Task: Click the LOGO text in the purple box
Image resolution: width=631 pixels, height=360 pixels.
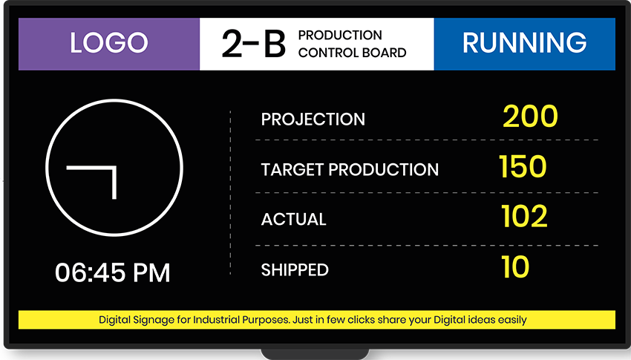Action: (x=109, y=43)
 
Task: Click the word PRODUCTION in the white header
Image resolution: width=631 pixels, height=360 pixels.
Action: (x=340, y=35)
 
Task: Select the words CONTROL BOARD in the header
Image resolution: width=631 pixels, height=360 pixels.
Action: (x=352, y=53)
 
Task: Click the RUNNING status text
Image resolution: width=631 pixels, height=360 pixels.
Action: (x=524, y=43)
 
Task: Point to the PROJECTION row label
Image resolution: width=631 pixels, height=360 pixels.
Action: (x=313, y=120)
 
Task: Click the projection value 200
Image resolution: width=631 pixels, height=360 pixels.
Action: (x=530, y=117)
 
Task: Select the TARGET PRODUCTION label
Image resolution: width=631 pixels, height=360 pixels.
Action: (x=350, y=170)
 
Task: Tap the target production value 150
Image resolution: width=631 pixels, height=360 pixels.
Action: (x=523, y=167)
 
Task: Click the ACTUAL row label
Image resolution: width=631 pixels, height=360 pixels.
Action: (x=293, y=220)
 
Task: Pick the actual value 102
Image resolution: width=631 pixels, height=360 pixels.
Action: (x=524, y=217)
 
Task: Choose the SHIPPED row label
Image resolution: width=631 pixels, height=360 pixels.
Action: (x=295, y=270)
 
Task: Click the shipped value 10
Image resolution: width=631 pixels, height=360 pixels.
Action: (x=515, y=267)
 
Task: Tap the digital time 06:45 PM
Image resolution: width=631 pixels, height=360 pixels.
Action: (x=113, y=272)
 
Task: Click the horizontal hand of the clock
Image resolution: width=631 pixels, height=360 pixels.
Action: (x=90, y=168)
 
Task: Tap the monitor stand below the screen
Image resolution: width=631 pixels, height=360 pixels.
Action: (x=315, y=353)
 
